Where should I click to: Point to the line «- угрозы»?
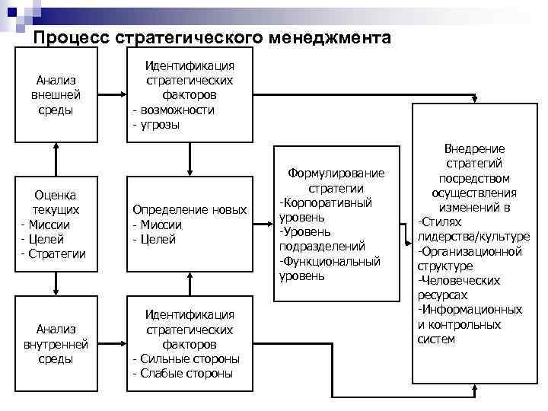(x=156, y=124)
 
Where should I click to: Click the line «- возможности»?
(x=174, y=110)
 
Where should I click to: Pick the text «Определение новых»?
(x=190, y=210)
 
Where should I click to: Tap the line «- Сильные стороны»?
(x=186, y=358)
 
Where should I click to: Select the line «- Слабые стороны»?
(x=183, y=373)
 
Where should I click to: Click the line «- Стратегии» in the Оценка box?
(x=53, y=253)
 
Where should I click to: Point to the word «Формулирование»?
(x=336, y=174)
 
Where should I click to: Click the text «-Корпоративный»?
(x=325, y=202)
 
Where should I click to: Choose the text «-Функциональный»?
(x=330, y=261)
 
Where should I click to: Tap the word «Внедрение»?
(x=474, y=150)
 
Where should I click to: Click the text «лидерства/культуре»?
(x=473, y=237)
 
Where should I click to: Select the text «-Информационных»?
(x=469, y=309)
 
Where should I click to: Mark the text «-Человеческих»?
(x=457, y=280)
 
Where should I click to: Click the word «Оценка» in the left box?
(x=56, y=195)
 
